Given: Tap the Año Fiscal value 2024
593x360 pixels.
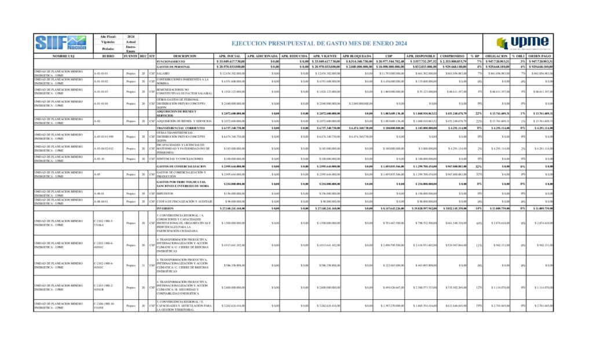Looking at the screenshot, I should (131, 36).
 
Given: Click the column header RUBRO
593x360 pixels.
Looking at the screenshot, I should (108, 56).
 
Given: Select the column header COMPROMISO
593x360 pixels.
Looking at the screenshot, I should (452, 56).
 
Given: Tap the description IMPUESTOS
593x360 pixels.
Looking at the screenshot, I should (166, 193).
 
